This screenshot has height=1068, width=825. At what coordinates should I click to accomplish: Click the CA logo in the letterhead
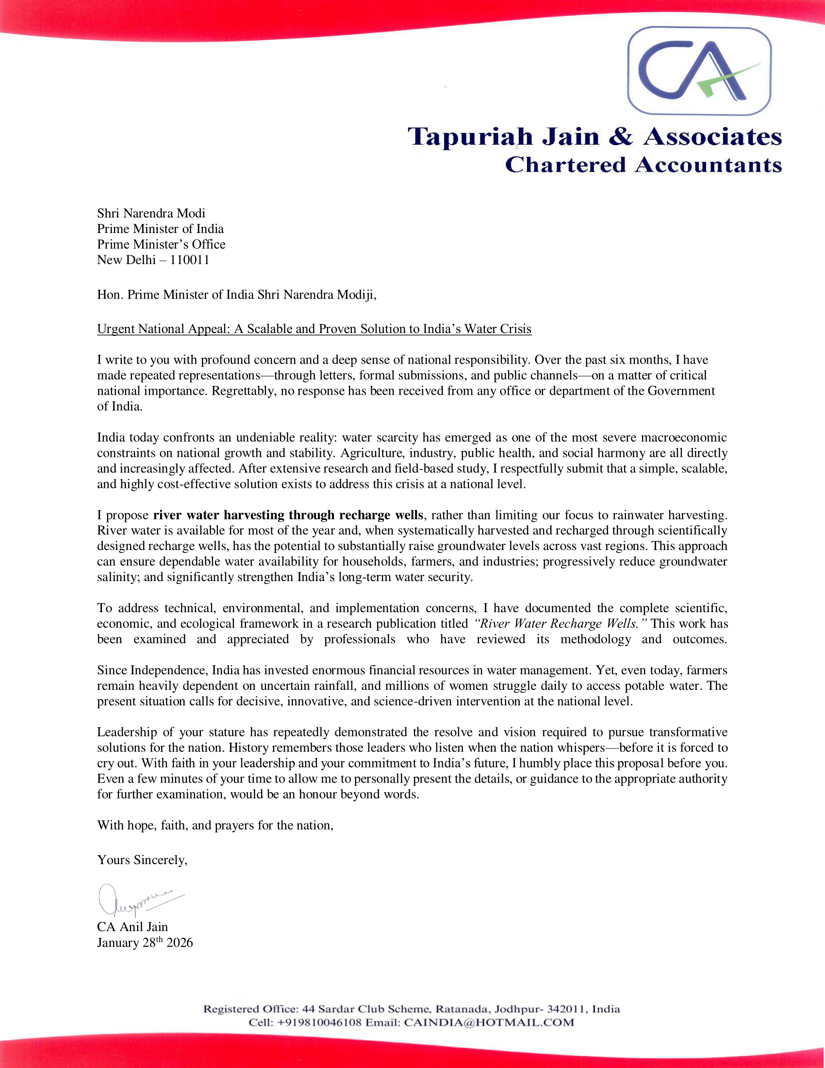(699, 71)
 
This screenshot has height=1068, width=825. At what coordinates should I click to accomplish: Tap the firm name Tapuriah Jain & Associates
(594, 136)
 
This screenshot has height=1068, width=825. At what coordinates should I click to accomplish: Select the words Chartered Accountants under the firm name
(643, 165)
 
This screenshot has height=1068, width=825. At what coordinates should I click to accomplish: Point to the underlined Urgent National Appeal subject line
(314, 329)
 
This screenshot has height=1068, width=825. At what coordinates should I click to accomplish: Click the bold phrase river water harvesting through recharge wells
(288, 515)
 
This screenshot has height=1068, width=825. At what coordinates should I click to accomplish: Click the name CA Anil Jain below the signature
(132, 927)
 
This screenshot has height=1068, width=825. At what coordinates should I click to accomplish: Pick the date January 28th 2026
(145, 943)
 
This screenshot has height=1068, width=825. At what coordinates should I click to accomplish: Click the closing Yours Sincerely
(142, 860)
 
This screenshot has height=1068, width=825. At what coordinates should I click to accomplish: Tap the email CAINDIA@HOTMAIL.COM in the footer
(489, 1022)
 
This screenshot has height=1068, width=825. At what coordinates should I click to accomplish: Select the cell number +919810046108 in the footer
(320, 1022)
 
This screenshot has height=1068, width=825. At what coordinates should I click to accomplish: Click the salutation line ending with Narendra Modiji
(236, 294)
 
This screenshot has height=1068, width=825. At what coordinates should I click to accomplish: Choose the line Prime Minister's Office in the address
(161, 244)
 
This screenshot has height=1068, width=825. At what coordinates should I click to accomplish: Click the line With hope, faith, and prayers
(215, 825)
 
